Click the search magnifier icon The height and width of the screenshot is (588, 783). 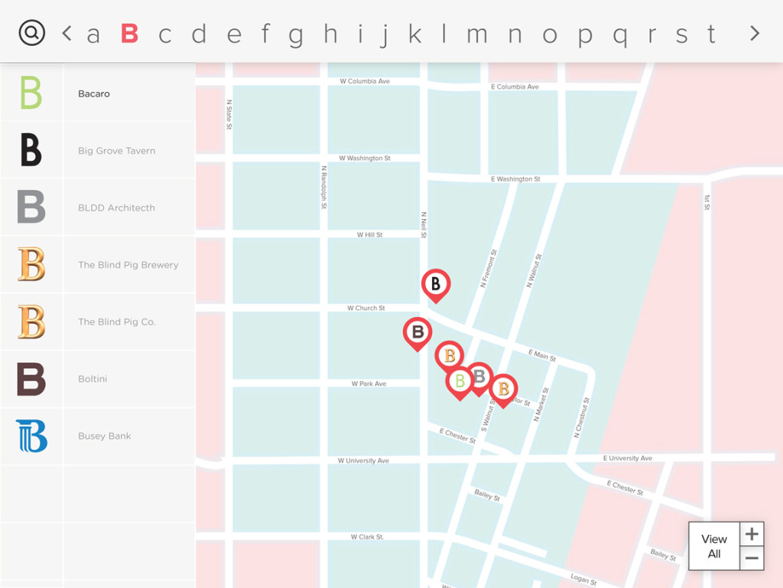pyautogui.click(x=32, y=32)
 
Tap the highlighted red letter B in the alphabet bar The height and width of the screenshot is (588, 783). pyautogui.click(x=129, y=34)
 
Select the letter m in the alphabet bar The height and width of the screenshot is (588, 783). pyautogui.click(x=477, y=34)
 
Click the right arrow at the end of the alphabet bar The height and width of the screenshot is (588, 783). pyautogui.click(x=755, y=33)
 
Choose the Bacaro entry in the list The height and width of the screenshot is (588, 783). pyautogui.click(x=94, y=93)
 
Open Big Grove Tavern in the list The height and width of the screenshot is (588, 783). pyautogui.click(x=116, y=151)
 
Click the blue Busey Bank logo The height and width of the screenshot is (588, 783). pyautogui.click(x=31, y=436)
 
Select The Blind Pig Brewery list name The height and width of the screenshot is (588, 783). pyautogui.click(x=128, y=265)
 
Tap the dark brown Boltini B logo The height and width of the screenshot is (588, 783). pyautogui.click(x=31, y=379)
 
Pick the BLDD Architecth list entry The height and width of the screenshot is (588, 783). pyautogui.click(x=116, y=207)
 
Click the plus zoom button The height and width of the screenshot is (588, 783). pyautogui.click(x=752, y=534)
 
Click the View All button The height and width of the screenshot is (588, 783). pyautogui.click(x=714, y=546)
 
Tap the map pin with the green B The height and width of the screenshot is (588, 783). pyautogui.click(x=460, y=381)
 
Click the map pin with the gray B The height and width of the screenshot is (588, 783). pyautogui.click(x=479, y=376)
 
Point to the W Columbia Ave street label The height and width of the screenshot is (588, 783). pyautogui.click(x=365, y=81)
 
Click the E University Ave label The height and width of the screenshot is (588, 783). pyautogui.click(x=627, y=458)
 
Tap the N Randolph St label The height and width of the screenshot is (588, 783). pyautogui.click(x=324, y=187)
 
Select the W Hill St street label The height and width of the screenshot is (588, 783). pyautogui.click(x=369, y=235)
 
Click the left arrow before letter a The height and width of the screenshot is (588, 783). pyautogui.click(x=67, y=33)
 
